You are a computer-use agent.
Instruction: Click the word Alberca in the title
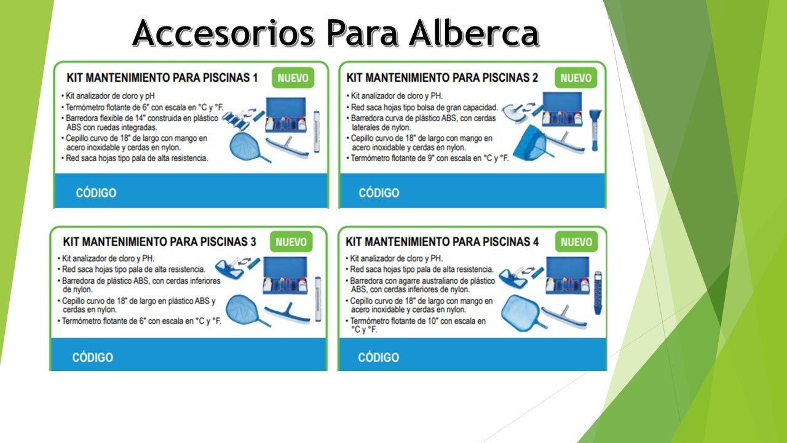[x=473, y=33]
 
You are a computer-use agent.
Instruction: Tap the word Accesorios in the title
[x=223, y=33]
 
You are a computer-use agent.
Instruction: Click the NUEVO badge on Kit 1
[x=293, y=78]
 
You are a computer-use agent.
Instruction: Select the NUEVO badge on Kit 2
[x=576, y=78]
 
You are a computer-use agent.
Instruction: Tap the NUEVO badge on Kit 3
[x=291, y=242]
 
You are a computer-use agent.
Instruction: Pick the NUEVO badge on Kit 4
[x=576, y=242]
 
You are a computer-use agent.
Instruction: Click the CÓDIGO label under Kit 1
[x=96, y=193]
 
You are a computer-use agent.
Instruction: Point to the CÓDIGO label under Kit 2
[x=379, y=193]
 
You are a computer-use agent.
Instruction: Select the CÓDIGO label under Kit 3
[x=93, y=357]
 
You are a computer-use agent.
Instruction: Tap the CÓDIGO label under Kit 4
[x=378, y=357]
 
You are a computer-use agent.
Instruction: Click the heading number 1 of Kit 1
[x=255, y=78]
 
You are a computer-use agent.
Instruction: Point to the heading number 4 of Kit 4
[x=536, y=242]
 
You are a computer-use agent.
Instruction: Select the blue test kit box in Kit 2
[x=562, y=109]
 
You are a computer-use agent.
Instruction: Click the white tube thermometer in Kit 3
[x=318, y=298]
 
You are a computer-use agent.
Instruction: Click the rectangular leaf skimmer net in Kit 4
[x=520, y=312]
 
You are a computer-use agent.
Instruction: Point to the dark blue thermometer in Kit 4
[x=598, y=293]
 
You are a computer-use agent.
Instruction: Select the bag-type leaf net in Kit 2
[x=531, y=143]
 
